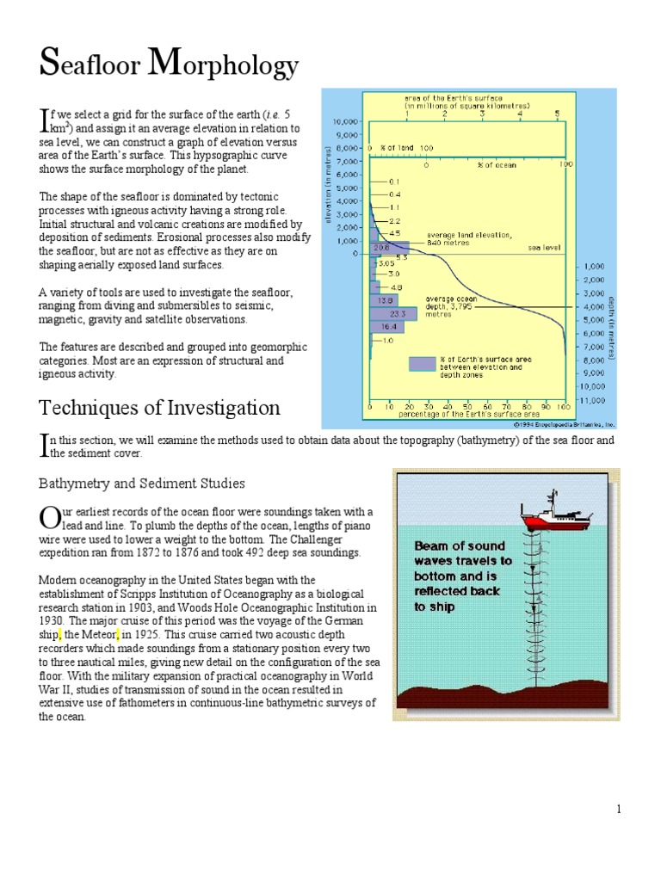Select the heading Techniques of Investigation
[159, 407]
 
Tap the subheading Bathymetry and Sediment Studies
[142, 484]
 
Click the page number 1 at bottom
[618, 809]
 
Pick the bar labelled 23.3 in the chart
[381, 314]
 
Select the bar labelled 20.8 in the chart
[380, 247]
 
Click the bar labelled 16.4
[380, 327]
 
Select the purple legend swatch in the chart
[423, 363]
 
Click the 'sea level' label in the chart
[544, 247]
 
